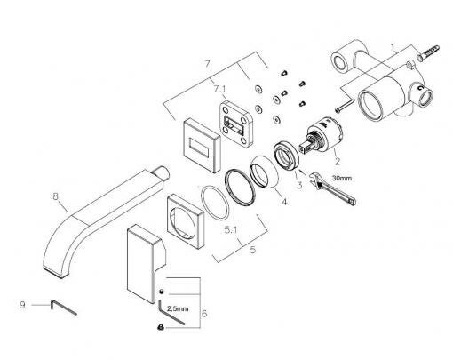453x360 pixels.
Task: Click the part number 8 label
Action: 55,196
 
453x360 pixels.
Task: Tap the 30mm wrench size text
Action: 342,178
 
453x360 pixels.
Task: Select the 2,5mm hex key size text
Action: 178,308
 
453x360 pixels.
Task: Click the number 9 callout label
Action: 22,305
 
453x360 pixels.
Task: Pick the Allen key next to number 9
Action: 63,308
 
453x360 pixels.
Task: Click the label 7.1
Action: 219,89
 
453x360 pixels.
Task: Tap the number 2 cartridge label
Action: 338,162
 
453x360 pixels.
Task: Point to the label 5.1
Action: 231,229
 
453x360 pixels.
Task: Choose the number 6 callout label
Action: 204,314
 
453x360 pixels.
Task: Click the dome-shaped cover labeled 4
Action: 265,172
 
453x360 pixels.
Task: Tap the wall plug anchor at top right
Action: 427,52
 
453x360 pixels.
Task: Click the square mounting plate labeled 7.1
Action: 236,123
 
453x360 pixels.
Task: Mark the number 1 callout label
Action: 393,47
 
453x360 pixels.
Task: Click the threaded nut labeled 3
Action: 287,156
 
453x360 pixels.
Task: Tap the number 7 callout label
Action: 208,64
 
